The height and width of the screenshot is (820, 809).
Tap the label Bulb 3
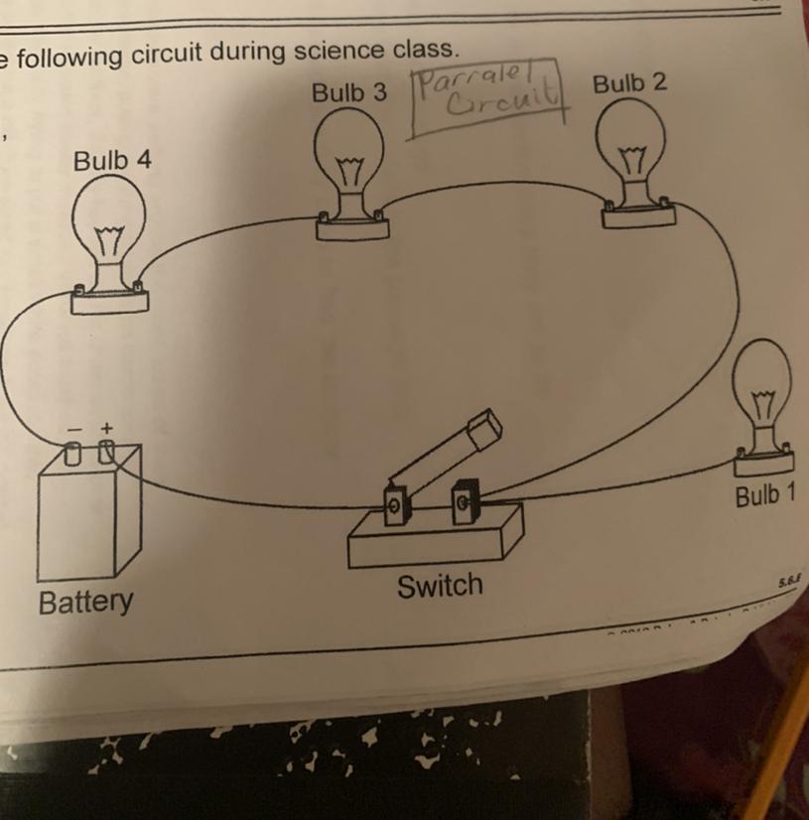point(348,93)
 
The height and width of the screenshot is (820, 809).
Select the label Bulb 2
point(629,82)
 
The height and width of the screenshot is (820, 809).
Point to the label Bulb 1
point(765,495)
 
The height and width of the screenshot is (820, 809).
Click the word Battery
point(84,601)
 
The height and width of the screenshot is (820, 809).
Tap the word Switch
point(439,585)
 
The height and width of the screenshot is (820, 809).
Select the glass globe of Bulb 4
point(109,223)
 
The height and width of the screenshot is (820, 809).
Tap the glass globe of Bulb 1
point(765,382)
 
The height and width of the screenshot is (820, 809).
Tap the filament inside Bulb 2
point(631,156)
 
